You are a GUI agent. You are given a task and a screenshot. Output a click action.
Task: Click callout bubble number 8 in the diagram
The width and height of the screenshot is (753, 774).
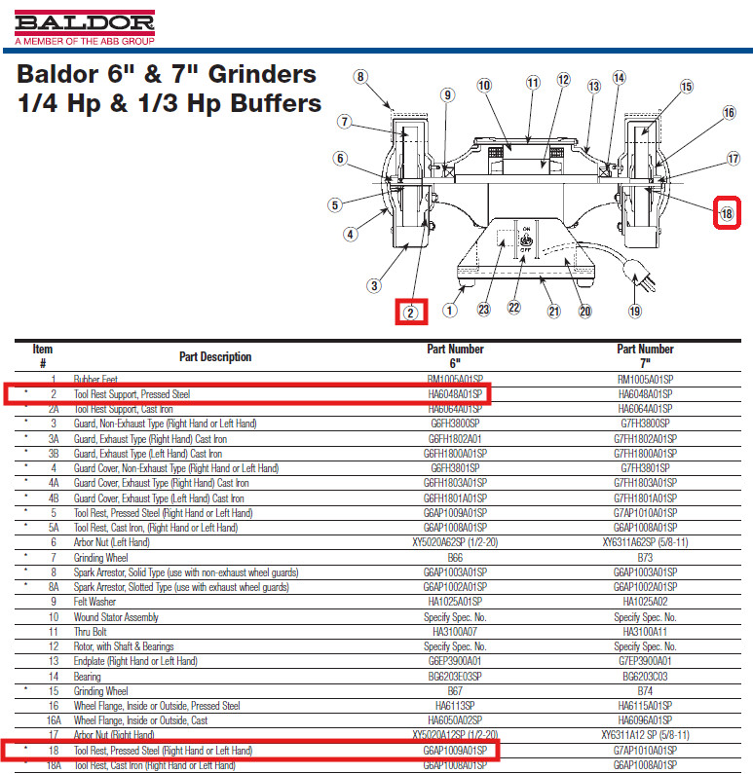pos(360,77)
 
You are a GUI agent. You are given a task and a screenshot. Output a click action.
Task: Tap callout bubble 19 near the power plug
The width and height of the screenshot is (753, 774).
pos(635,311)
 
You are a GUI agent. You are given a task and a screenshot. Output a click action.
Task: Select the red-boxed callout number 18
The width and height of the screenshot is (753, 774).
pos(727,213)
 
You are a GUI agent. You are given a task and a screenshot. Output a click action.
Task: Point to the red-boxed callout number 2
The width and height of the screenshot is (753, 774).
pos(411,313)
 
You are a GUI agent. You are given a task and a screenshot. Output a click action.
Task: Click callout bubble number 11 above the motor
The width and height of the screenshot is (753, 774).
pos(532,83)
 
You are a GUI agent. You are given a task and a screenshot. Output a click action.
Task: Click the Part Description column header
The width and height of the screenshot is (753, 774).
pos(215,357)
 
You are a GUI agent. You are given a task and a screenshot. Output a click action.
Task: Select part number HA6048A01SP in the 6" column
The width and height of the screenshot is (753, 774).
pos(455,394)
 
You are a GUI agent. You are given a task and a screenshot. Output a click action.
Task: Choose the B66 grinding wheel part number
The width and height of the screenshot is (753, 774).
pos(455,558)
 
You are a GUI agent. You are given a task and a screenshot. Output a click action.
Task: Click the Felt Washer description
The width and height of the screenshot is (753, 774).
pos(94,602)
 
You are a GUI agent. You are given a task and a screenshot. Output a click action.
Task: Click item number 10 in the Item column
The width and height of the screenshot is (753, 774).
pos(54,617)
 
